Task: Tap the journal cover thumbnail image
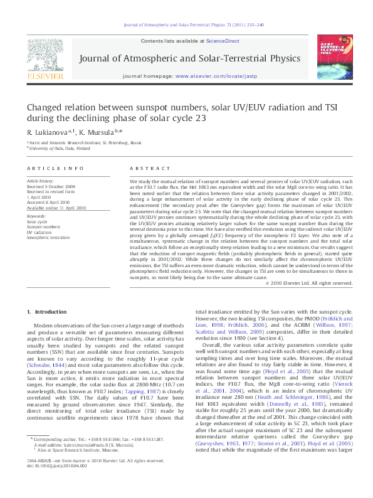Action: (334, 58)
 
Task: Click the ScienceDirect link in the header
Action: (223, 41)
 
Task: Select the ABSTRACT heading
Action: (145, 169)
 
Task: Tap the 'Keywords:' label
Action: (36, 216)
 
